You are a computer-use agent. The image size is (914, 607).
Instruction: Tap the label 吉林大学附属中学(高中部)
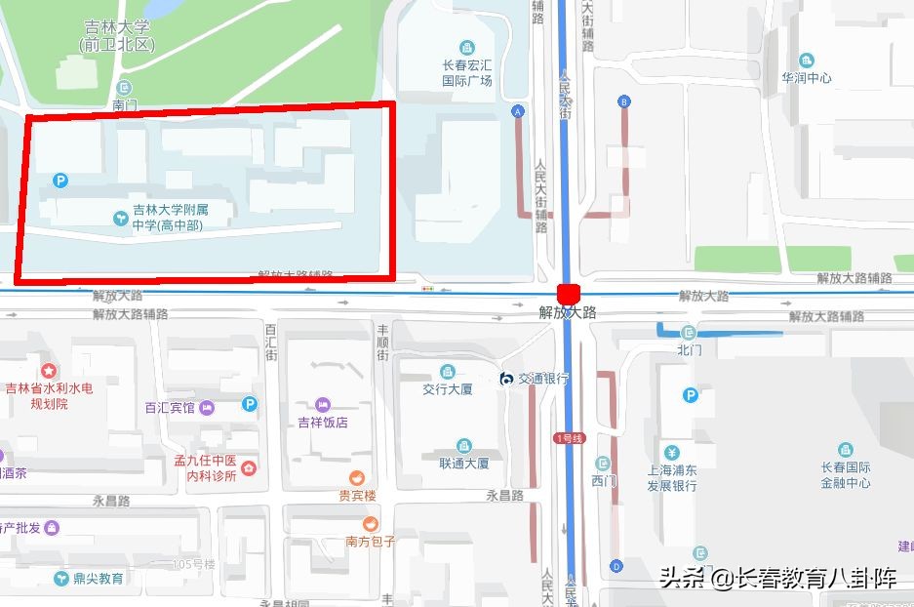170,217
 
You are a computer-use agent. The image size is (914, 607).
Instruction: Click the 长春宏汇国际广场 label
467,74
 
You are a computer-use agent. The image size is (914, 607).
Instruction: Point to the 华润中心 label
806,77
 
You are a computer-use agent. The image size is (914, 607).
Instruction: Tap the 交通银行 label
542,379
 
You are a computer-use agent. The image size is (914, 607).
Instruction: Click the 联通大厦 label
463,464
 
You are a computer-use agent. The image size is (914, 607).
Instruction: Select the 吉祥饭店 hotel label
323,423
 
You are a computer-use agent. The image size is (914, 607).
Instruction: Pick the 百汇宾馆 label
170,408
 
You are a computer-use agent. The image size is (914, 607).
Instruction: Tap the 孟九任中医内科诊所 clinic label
205,468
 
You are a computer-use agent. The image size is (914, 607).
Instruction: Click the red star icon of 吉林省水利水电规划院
48,371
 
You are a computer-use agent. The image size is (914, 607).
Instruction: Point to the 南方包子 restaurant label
370,542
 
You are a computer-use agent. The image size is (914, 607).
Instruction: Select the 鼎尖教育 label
99,578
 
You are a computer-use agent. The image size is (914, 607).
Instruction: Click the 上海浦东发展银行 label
671,478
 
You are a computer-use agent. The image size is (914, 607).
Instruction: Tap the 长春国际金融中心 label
845,474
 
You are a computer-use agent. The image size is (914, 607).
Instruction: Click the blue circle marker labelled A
518,111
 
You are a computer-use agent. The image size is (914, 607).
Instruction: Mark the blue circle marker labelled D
616,566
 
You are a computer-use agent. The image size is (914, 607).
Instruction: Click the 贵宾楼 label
357,495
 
